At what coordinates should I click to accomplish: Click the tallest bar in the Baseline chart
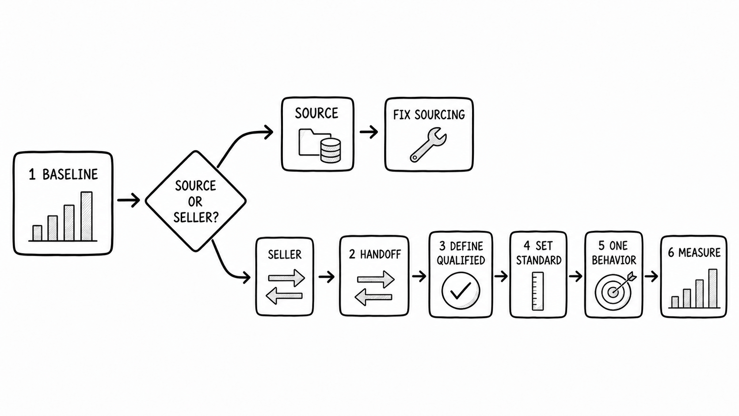[x=87, y=216]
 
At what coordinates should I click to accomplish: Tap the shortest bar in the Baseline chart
[x=37, y=233]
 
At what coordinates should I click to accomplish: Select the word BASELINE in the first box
[x=70, y=174]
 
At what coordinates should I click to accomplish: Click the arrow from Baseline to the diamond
[x=129, y=200]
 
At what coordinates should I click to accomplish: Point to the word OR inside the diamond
[x=195, y=202]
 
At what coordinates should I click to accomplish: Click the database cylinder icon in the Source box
[x=331, y=150]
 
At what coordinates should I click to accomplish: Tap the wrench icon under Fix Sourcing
[x=428, y=145]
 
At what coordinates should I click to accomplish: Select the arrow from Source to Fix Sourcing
[x=369, y=132]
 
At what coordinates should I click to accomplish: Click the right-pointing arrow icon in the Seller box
[x=286, y=278]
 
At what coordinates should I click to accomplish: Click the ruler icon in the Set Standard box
[x=538, y=291]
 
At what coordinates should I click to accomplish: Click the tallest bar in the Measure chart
[x=713, y=288]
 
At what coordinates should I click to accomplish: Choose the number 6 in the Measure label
[x=671, y=253]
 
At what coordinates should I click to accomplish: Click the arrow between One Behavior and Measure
[x=651, y=276]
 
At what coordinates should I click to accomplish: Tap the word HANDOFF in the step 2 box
[x=381, y=254]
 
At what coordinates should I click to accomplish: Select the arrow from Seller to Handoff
[x=327, y=276]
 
